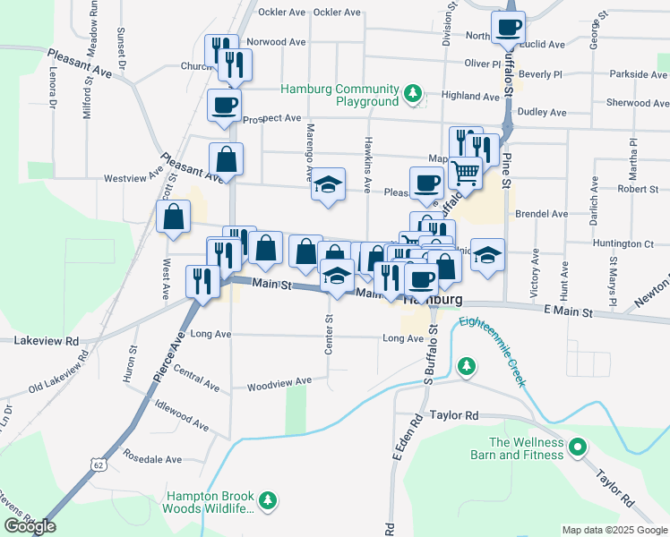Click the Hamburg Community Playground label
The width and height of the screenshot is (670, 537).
pyautogui.click(x=339, y=95)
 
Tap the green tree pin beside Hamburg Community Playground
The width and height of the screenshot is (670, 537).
pyautogui.click(x=412, y=93)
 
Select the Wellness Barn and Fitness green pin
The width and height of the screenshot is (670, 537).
pyautogui.click(x=578, y=446)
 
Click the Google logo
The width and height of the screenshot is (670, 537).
pyautogui.click(x=30, y=526)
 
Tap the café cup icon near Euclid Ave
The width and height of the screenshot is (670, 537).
pyautogui.click(x=509, y=27)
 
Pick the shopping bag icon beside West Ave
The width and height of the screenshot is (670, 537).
pyautogui.click(x=173, y=216)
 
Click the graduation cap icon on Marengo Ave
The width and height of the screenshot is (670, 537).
pyautogui.click(x=329, y=185)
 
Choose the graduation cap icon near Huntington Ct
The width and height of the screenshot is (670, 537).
pyautogui.click(x=488, y=254)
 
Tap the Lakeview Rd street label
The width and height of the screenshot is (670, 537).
pyautogui.click(x=47, y=341)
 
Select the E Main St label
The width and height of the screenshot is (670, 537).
pyautogui.click(x=568, y=312)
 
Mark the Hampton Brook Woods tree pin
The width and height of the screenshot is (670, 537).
pyautogui.click(x=266, y=499)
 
